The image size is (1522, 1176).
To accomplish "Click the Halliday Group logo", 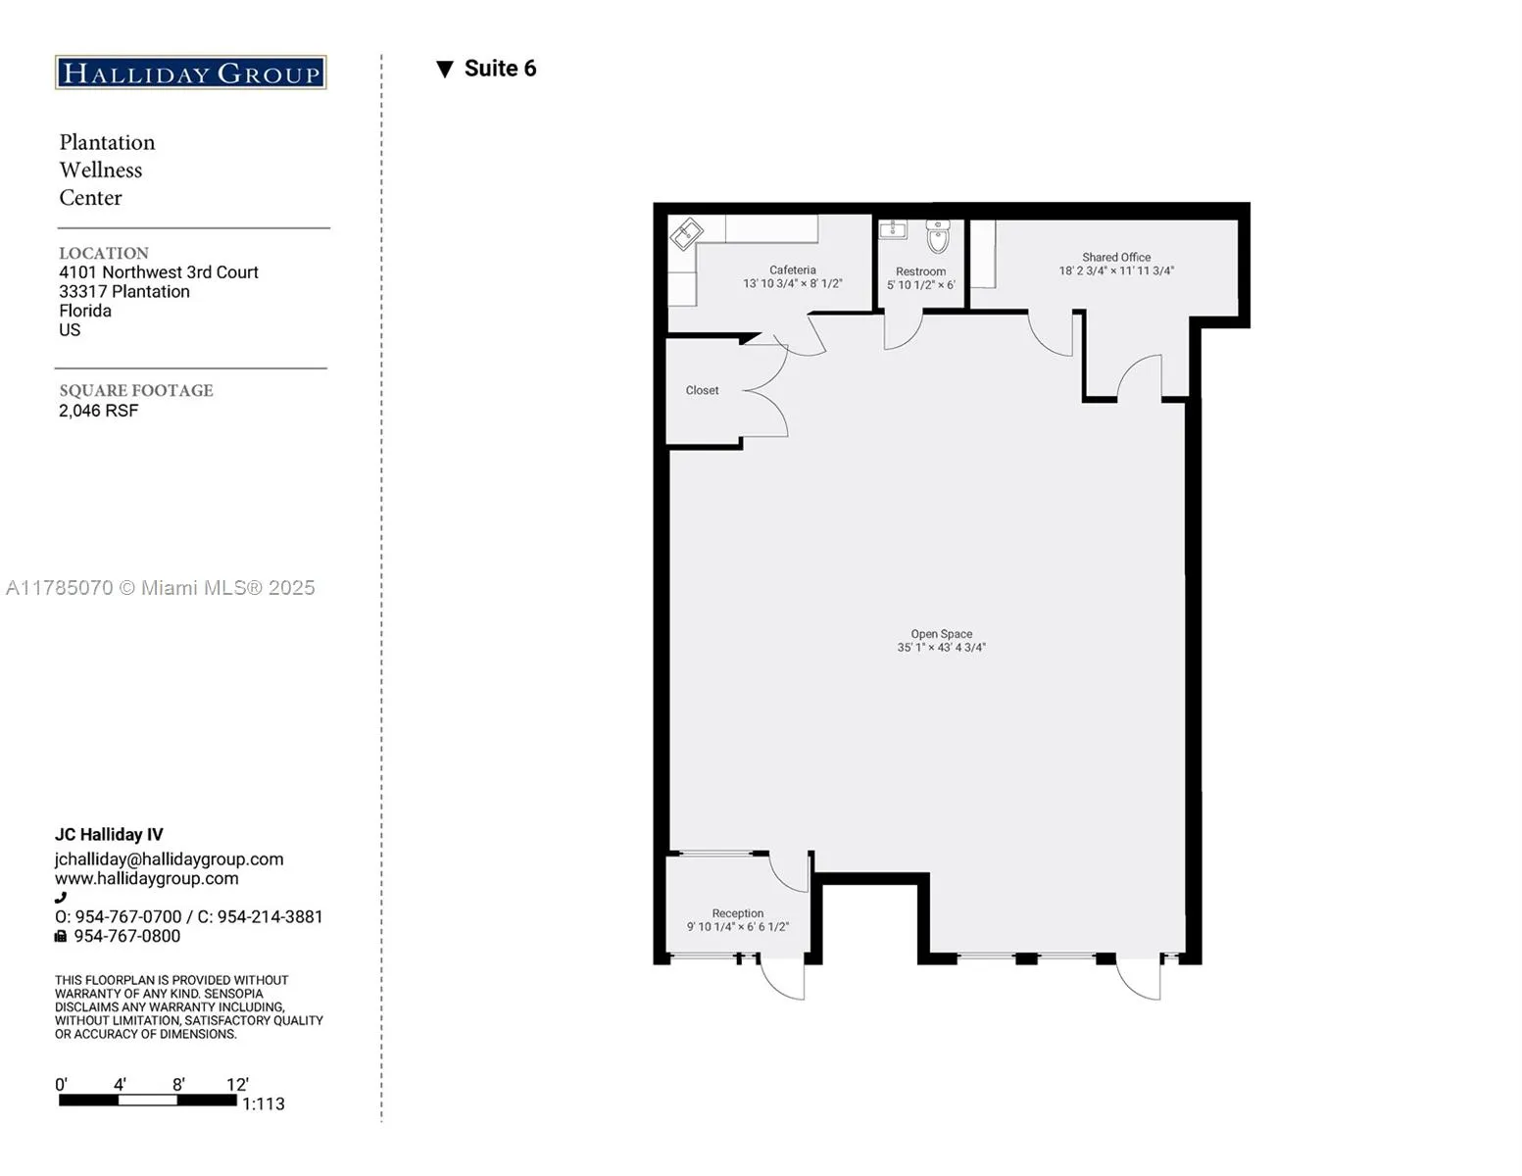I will coord(190,73).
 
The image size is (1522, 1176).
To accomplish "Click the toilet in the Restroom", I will coord(938,236).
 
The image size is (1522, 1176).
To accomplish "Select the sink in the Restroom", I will coord(893,229).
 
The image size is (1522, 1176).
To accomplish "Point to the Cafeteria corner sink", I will coord(686,234).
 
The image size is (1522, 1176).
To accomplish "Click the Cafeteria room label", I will coord(792,269).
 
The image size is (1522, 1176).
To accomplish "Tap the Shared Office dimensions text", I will coord(1115,271).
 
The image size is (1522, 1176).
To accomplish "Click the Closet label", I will coord(702,390).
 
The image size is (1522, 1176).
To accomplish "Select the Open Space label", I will coord(941,634).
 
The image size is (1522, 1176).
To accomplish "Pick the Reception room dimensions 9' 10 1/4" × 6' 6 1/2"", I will coord(737,927).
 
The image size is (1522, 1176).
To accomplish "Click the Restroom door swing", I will coord(903,330).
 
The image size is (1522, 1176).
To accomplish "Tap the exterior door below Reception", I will coord(783,979).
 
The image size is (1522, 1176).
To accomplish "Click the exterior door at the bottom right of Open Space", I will coord(1140,979).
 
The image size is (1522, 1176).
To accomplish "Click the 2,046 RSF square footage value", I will coord(98,411).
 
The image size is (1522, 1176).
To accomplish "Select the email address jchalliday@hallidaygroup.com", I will coord(169,859).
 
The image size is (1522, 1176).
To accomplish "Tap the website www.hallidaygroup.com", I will coord(146,879).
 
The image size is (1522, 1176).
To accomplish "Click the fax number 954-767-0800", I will coord(126,937).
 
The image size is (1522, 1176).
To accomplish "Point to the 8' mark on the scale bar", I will coord(178,1085).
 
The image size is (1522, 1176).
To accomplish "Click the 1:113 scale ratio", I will coord(263,1104).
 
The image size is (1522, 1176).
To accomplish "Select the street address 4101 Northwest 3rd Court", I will coord(158,272).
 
